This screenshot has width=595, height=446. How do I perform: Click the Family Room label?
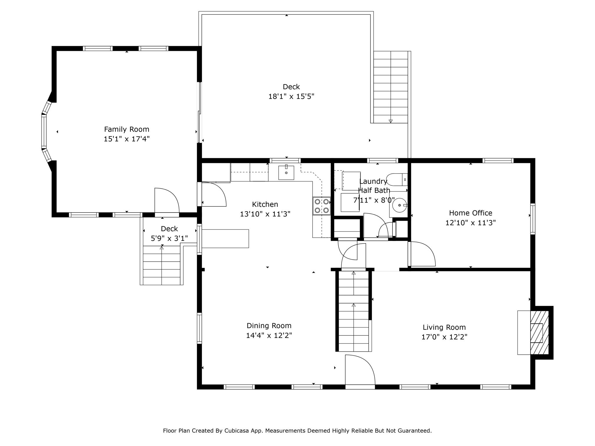point(127,129)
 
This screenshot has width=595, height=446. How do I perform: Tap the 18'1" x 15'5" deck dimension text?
point(291,96)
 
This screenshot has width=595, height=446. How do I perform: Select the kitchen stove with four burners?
point(322,206)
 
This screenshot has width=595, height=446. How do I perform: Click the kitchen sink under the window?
point(286,172)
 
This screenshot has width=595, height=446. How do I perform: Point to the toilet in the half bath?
point(397,179)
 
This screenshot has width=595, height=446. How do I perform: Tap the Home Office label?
point(471,213)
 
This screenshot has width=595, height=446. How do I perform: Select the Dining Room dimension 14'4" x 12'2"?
point(269,335)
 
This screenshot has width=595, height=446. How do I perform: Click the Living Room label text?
point(444,327)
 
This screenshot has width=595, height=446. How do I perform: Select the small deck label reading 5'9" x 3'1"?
point(169,238)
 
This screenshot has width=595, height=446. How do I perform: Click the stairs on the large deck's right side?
point(391,87)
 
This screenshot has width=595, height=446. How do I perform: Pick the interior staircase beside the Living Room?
point(354,311)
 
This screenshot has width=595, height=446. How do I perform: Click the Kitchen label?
point(265,204)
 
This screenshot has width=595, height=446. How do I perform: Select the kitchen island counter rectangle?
point(225,238)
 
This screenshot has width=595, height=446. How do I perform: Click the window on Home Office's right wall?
point(533,219)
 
